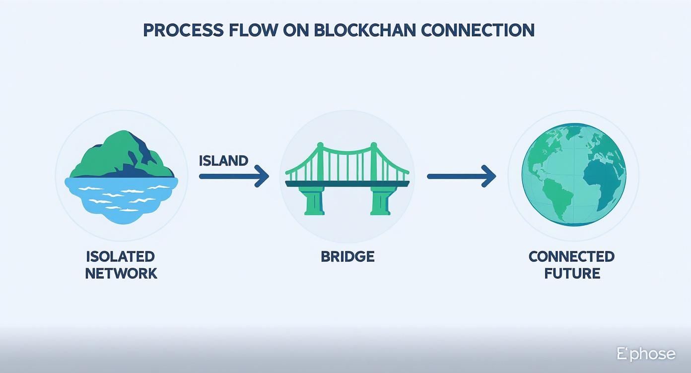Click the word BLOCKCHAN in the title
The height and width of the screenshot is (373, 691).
pyautogui.click(x=365, y=30)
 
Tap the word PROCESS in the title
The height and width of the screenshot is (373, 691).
pyautogui.click(x=182, y=30)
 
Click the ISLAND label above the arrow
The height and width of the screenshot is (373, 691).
pyautogui.click(x=223, y=161)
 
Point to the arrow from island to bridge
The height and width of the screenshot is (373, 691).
pyautogui.click(x=233, y=176)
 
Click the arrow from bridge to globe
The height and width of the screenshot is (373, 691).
pyautogui.click(x=461, y=176)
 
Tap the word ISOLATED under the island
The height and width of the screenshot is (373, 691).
pyautogui.click(x=121, y=256)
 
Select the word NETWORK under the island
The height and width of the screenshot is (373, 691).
pyautogui.click(x=121, y=273)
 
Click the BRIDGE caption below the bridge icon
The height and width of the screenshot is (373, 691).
pyautogui.click(x=347, y=256)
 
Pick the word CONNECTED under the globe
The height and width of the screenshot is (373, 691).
pyautogui.click(x=571, y=256)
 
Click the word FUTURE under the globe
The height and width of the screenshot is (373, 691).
pyautogui.click(x=572, y=273)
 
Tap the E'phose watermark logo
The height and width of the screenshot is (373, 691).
pyautogui.click(x=646, y=354)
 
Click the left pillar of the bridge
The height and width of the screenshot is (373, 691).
pyautogui.click(x=314, y=201)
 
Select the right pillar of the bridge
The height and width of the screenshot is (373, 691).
pyautogui.click(x=380, y=201)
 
